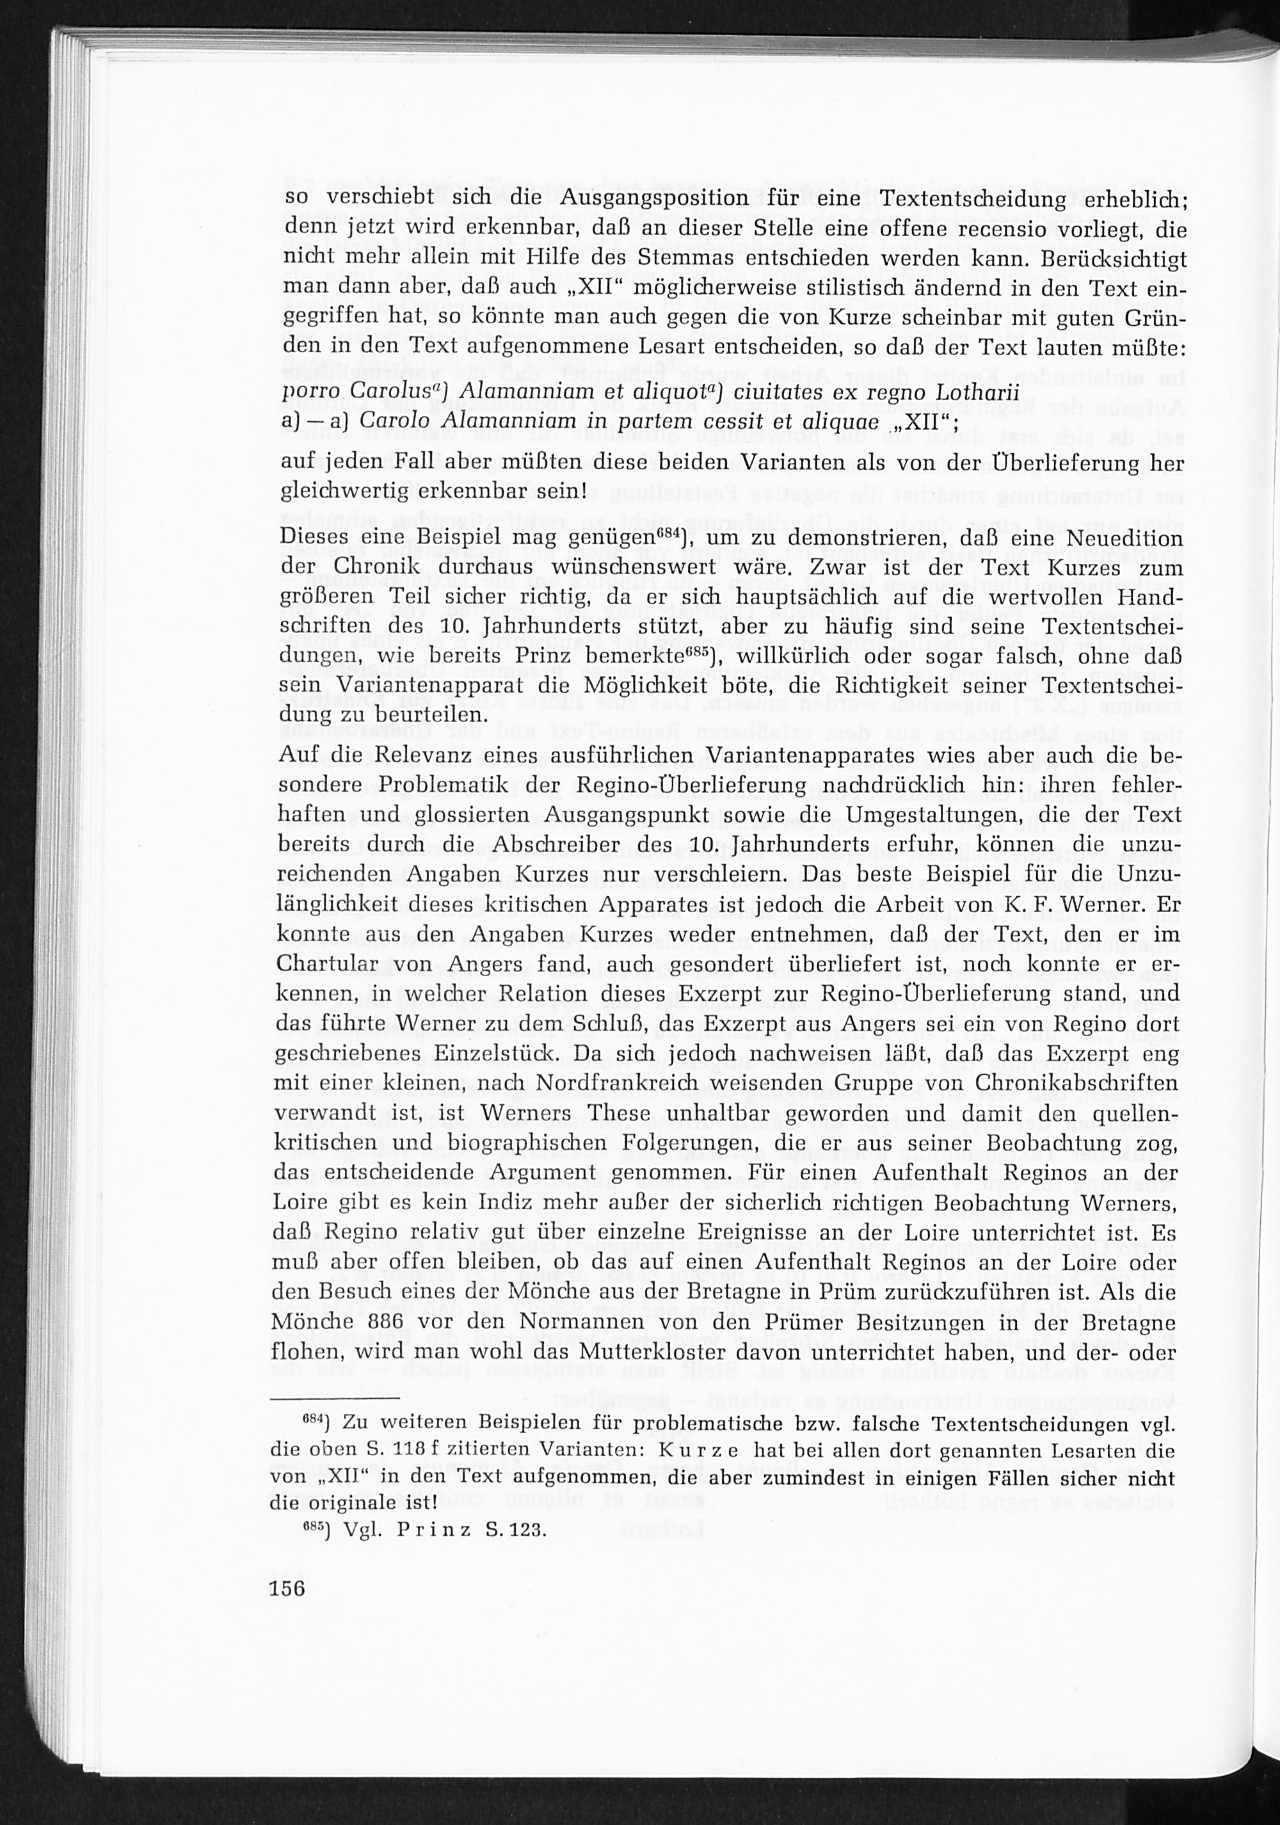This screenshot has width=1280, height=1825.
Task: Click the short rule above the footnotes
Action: tap(333, 1397)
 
